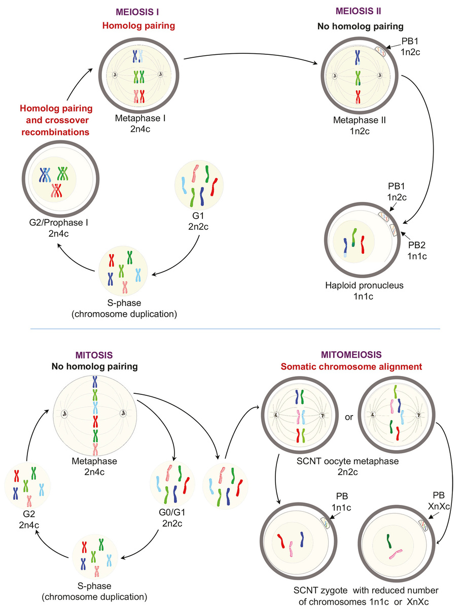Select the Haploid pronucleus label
point(364,285)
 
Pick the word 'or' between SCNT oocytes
point(348,417)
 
